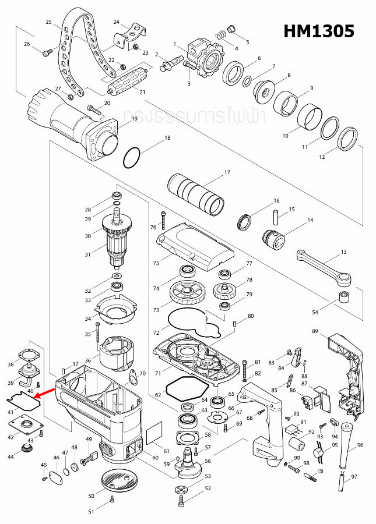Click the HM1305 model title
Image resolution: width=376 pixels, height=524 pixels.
pos(319,31)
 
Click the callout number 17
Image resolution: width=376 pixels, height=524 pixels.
pos(227,172)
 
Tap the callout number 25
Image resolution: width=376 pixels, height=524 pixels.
pos(49,22)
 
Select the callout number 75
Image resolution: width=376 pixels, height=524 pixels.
pos(156,264)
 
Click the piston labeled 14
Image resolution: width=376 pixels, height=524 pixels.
pos(272,239)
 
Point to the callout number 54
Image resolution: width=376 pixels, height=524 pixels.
pos(315,313)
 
